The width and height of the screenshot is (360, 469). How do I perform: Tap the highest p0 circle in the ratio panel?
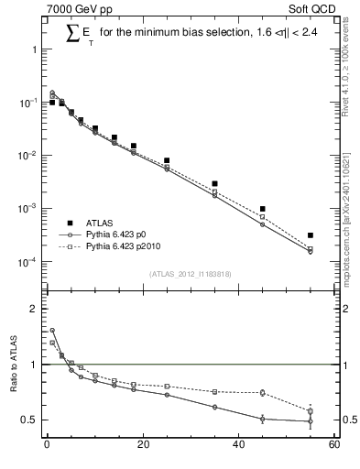point(52,331)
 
